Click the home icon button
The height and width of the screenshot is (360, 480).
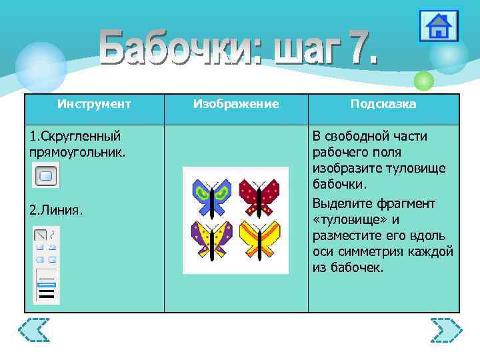tap(438, 27)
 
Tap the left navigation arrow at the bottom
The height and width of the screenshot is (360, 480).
tap(34, 330)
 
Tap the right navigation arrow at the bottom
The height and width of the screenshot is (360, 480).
tap(446, 330)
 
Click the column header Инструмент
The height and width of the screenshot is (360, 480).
tap(94, 104)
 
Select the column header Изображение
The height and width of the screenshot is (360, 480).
tap(236, 104)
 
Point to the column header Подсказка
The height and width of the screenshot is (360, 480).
tap(383, 104)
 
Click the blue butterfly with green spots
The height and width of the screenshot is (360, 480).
tap(211, 194)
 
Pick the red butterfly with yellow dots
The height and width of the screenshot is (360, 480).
tap(259, 194)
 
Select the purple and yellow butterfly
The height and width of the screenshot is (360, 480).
tap(211, 240)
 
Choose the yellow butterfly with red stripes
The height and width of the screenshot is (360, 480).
tap(260, 240)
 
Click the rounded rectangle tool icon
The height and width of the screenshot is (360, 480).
tap(46, 176)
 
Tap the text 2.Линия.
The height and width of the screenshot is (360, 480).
tap(57, 211)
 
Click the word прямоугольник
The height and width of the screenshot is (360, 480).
tap(77, 153)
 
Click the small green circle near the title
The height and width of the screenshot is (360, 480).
tap(423, 81)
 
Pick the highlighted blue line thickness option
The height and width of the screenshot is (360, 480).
tap(47, 284)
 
